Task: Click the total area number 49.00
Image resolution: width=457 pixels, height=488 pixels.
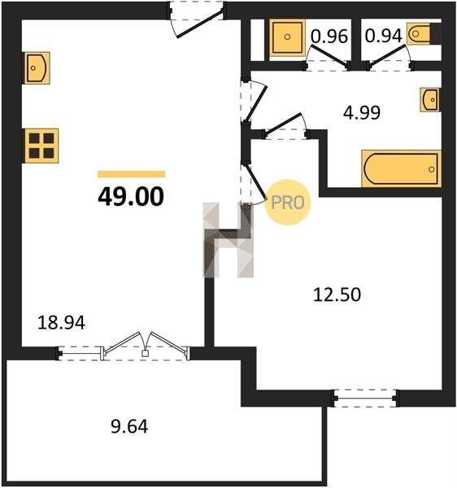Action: [131, 196]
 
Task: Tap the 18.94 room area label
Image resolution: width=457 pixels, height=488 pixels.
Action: [61, 323]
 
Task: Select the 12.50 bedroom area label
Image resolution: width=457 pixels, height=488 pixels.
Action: [337, 294]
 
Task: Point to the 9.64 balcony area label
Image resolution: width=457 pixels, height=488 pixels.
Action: [129, 426]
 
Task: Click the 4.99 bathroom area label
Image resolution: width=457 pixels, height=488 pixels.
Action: [362, 113]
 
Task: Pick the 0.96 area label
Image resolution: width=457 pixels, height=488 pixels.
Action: [329, 36]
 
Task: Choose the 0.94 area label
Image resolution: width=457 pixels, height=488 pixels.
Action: [383, 36]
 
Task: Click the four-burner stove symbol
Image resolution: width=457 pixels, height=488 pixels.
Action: [41, 146]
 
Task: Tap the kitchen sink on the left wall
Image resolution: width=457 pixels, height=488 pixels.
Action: [37, 68]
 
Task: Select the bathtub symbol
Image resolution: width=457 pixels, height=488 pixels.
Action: [402, 168]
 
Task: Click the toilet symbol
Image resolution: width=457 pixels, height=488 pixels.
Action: [420, 33]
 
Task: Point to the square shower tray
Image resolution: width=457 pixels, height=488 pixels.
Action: [287, 37]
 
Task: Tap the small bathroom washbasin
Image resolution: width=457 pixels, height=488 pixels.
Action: [430, 99]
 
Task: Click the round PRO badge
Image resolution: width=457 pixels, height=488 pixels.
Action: [288, 203]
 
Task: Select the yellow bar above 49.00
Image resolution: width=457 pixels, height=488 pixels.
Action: [131, 174]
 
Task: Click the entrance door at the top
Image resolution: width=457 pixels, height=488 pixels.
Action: [197, 20]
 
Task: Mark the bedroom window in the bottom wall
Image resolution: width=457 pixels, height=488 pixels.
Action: [364, 399]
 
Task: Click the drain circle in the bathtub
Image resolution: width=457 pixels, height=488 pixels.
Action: [431, 169]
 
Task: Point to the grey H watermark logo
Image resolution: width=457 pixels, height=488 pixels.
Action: [228, 240]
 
